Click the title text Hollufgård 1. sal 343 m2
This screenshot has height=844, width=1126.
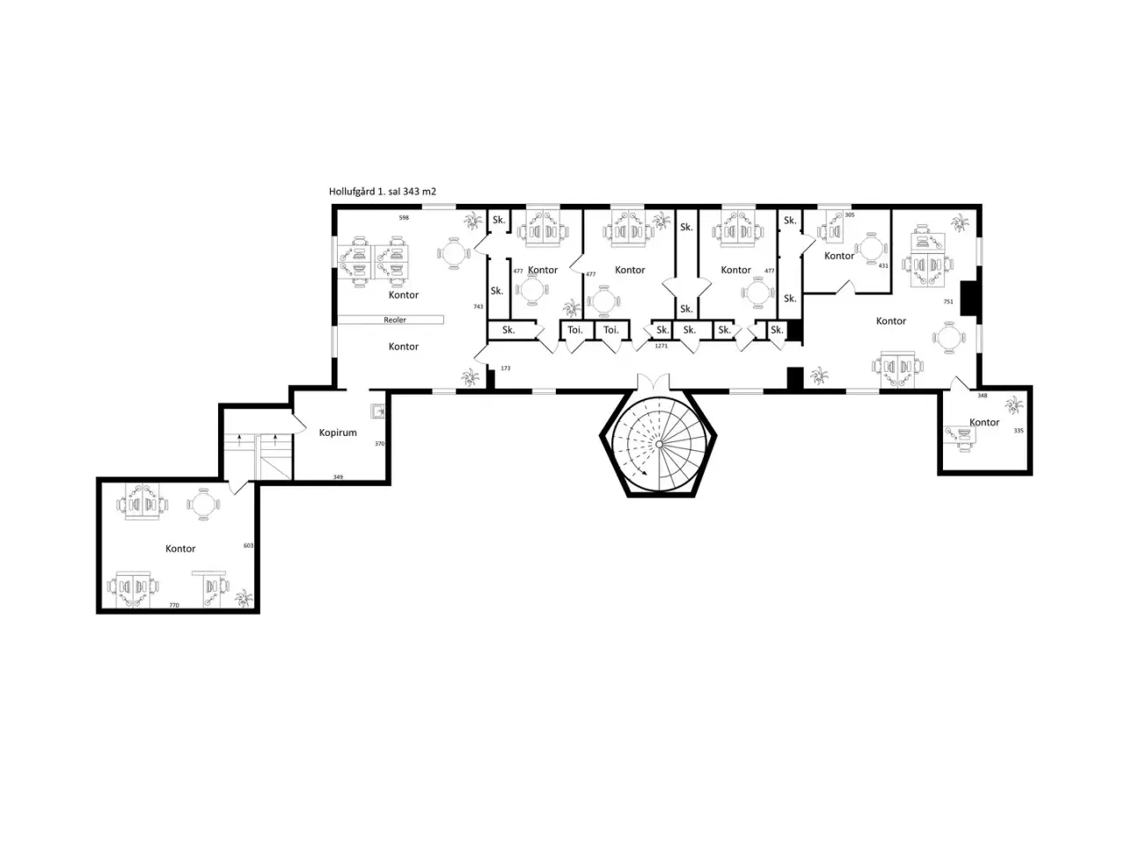(382, 192)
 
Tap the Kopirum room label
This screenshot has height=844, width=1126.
(338, 433)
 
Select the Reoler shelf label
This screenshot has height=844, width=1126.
(394, 320)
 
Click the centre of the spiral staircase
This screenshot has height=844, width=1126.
(659, 444)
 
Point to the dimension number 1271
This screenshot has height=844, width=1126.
(662, 346)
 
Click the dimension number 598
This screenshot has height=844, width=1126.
(404, 218)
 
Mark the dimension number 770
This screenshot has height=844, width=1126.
(174, 605)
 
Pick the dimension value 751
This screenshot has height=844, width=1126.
(948, 302)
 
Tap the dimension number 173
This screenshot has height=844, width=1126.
(505, 368)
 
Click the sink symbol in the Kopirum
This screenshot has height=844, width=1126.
(377, 411)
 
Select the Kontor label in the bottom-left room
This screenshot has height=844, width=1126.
(180, 549)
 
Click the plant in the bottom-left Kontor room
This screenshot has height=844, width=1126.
(243, 598)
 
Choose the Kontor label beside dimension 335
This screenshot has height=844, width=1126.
(983, 422)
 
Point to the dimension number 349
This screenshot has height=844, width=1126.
(338, 477)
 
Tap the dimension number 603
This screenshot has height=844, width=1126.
(248, 546)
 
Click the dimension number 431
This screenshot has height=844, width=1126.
(883, 266)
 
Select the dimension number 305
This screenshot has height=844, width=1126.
(850, 215)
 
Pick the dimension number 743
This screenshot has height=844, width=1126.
(478, 307)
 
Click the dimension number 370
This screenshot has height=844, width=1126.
(379, 444)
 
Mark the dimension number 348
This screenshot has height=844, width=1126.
(982, 396)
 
